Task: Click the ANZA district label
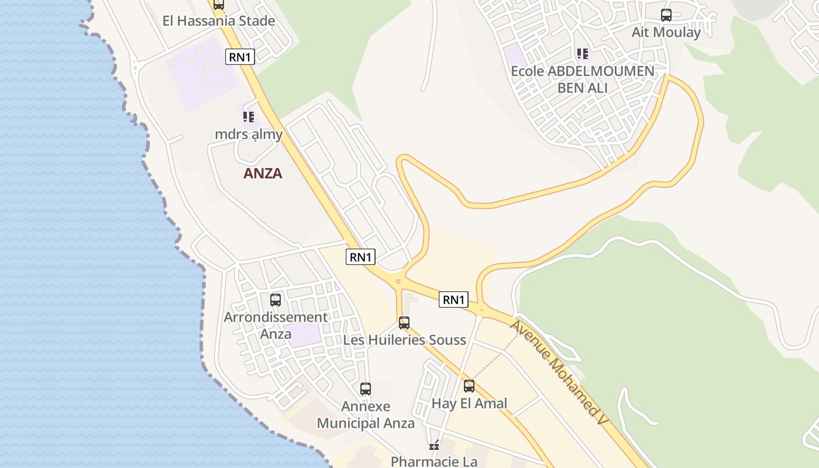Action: click(x=263, y=173)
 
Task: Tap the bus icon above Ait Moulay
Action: click(x=666, y=15)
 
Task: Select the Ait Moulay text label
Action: click(x=666, y=32)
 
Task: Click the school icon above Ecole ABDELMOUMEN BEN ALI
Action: click(x=583, y=54)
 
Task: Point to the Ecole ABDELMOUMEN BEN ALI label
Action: click(x=582, y=80)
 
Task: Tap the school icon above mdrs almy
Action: click(x=249, y=117)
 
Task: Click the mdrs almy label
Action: click(x=249, y=134)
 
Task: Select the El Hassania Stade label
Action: click(x=219, y=21)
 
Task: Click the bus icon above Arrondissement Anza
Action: click(x=276, y=300)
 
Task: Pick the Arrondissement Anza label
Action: click(x=276, y=325)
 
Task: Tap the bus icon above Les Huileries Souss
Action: click(x=404, y=323)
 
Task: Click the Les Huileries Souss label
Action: click(x=404, y=340)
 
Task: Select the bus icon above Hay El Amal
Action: click(x=469, y=386)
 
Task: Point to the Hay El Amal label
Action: click(x=469, y=403)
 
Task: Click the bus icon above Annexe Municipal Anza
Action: click(x=366, y=389)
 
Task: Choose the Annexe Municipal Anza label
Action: click(x=366, y=415)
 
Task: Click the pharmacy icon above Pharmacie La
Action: click(x=434, y=446)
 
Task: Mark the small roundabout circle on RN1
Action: click(x=398, y=281)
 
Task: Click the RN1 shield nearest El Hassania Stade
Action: click(x=240, y=57)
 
